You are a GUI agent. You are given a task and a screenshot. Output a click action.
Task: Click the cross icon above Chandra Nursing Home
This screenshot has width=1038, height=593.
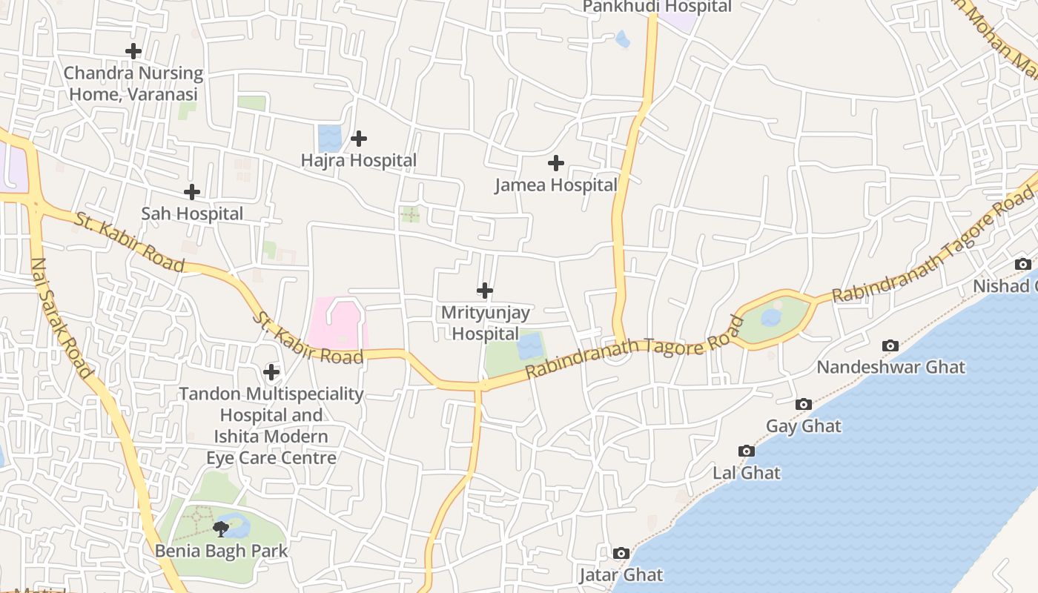(133, 51)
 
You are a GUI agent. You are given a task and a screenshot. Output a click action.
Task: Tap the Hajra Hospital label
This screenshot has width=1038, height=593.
(359, 160)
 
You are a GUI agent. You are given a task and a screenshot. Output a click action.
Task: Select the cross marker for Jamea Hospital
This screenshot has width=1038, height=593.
(556, 163)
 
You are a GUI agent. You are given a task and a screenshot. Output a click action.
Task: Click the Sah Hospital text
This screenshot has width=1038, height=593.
(192, 213)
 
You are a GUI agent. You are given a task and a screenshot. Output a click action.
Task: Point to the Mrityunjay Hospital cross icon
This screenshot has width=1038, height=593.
(485, 291)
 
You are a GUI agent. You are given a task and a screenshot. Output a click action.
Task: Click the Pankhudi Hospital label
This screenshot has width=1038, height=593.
(657, 7)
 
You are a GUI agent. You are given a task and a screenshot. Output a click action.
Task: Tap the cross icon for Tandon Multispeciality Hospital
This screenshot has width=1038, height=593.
(271, 371)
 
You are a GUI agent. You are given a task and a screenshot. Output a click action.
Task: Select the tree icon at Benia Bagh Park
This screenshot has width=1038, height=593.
(221, 529)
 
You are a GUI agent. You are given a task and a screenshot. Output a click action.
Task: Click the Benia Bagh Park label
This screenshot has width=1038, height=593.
(221, 551)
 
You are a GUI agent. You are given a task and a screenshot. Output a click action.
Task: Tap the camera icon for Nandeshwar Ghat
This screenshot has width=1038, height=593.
(890, 345)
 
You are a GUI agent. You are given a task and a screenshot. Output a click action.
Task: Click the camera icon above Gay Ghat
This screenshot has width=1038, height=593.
(803, 404)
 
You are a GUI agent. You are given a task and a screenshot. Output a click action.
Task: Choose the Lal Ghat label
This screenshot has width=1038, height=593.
(747, 473)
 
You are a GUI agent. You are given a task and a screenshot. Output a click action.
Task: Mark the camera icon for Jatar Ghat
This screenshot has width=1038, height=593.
(621, 553)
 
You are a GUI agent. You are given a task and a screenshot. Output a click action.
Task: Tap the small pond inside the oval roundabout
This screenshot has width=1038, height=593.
(771, 318)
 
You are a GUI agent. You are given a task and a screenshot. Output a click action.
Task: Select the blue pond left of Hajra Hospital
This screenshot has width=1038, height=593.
(329, 138)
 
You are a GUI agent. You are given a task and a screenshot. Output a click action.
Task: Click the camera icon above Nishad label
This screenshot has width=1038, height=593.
(1022, 264)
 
